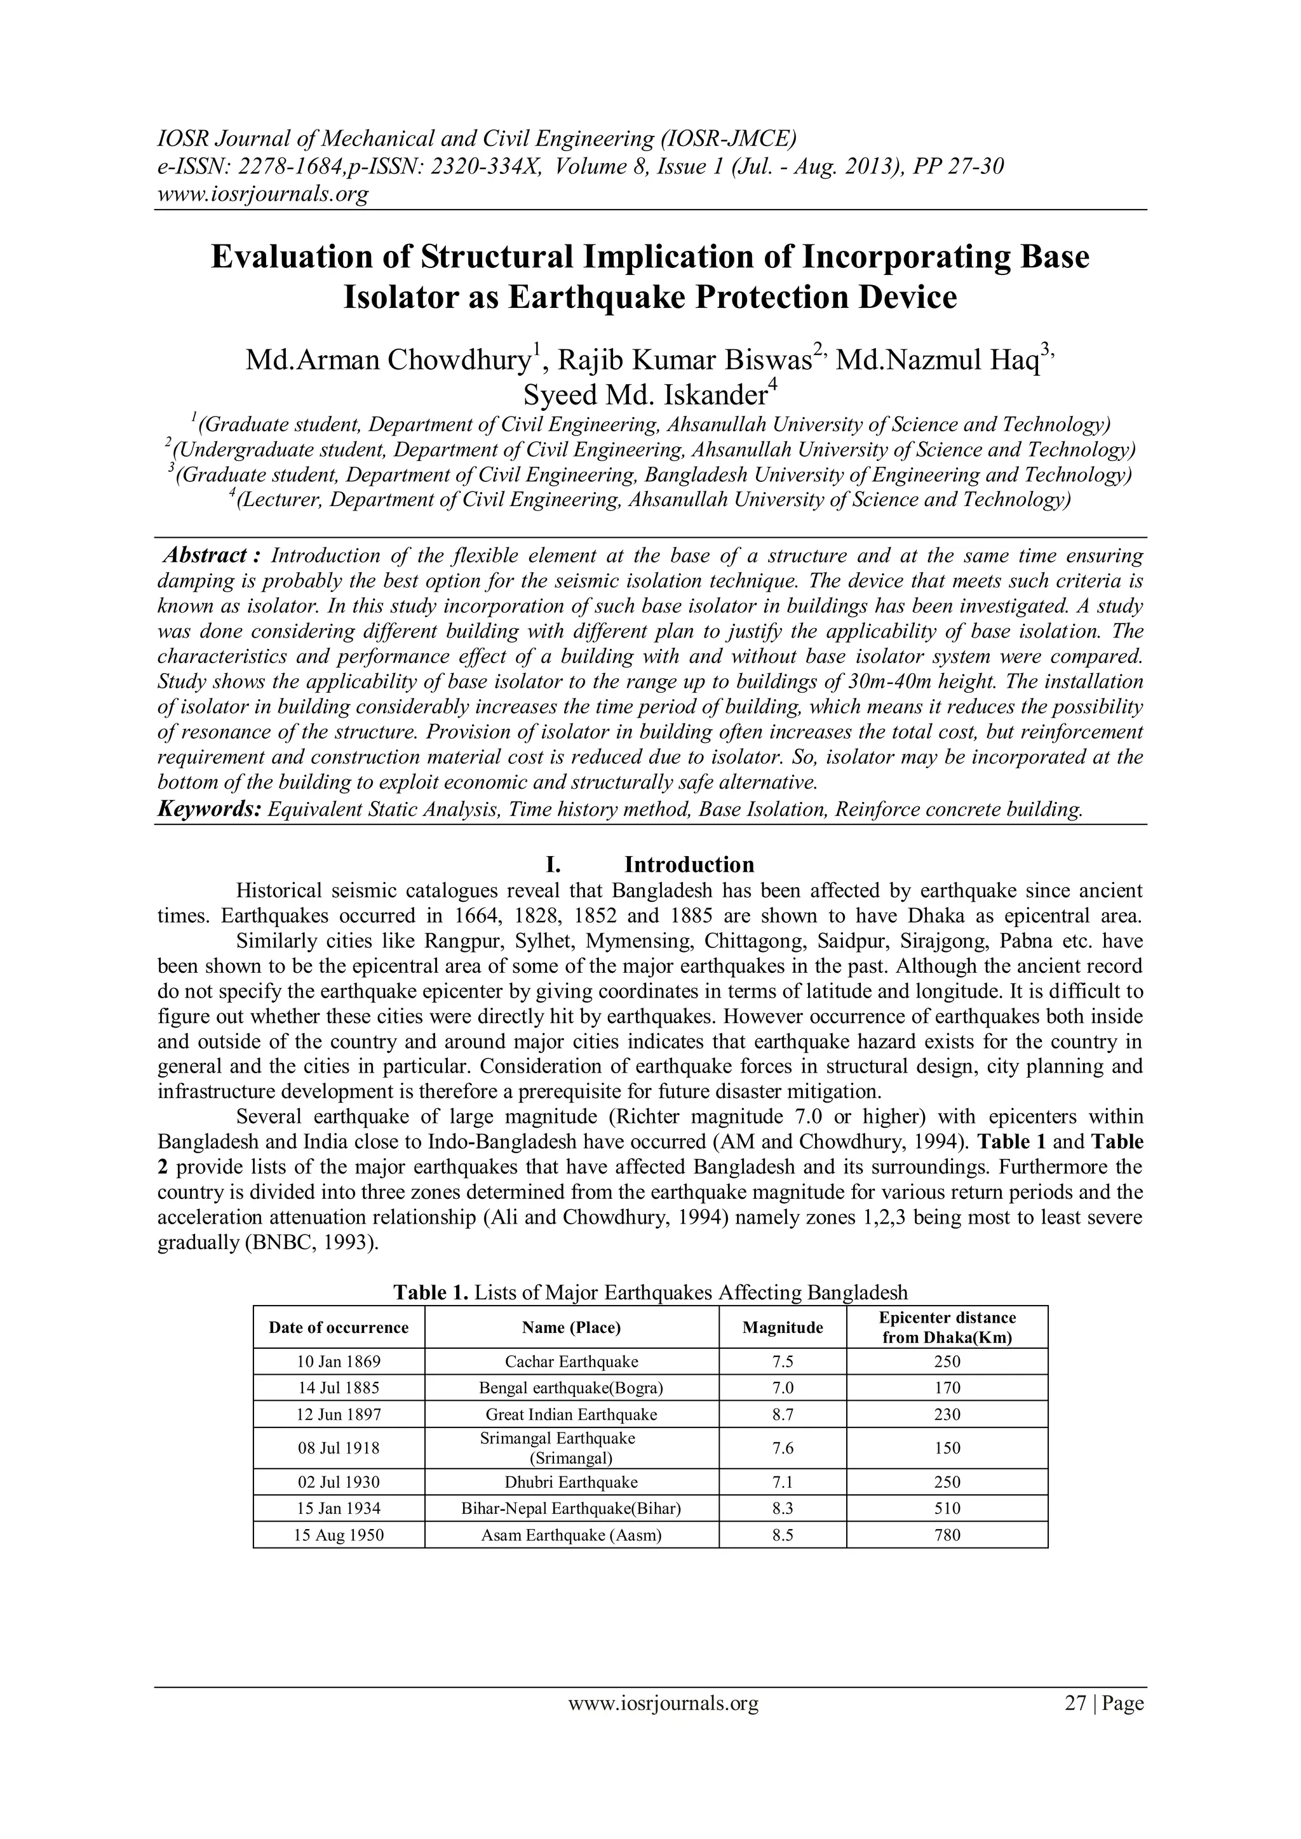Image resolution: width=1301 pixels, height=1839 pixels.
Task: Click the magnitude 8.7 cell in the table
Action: (782, 1414)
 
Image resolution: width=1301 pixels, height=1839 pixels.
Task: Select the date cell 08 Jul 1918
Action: (338, 1448)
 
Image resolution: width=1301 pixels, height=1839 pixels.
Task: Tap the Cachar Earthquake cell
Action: (571, 1361)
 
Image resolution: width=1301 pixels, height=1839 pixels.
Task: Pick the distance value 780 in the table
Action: (947, 1535)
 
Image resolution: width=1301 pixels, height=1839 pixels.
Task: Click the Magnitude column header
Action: (782, 1328)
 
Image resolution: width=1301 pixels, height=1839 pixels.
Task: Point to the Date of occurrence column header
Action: (338, 1328)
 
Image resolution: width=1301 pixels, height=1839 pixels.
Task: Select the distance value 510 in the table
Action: (947, 1509)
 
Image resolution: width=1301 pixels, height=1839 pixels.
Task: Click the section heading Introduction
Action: (689, 865)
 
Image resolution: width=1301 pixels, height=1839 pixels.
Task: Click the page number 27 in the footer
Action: (1074, 1725)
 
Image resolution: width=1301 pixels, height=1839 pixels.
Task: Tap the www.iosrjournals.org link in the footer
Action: (663, 1725)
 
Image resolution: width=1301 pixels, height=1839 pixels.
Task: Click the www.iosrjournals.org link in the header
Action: (262, 195)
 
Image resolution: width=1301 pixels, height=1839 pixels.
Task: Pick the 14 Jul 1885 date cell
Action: (338, 1388)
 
